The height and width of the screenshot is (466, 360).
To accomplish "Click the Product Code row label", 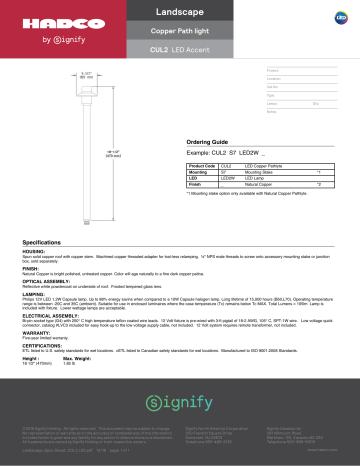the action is click(202, 165).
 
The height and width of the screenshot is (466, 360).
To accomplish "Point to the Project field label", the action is click(273, 70).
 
